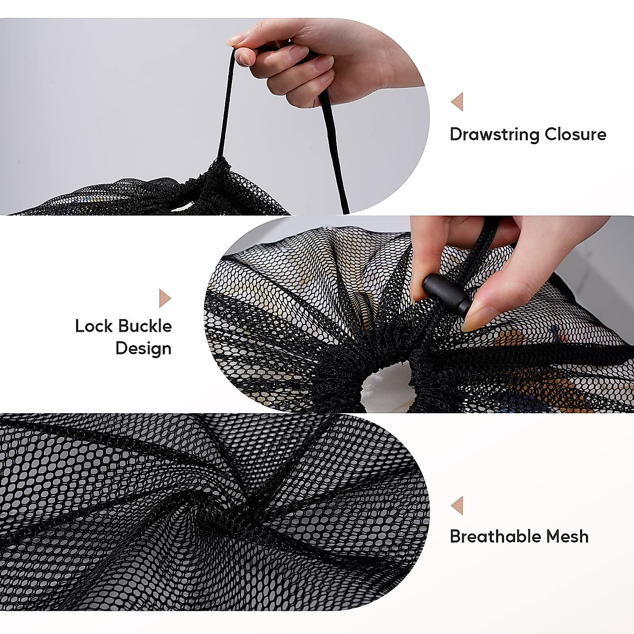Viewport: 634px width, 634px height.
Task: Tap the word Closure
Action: click(x=575, y=134)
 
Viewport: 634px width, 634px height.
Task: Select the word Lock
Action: click(x=94, y=326)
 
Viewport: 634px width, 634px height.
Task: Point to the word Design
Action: click(x=143, y=349)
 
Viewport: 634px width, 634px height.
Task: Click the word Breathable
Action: click(x=495, y=537)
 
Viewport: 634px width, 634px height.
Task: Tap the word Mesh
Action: click(x=567, y=537)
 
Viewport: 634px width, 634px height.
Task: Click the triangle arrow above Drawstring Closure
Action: click(x=457, y=102)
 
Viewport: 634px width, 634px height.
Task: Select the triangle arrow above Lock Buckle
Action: click(x=165, y=299)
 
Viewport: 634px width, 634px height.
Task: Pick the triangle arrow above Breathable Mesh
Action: click(x=457, y=506)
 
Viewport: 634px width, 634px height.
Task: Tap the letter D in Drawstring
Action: click(x=455, y=134)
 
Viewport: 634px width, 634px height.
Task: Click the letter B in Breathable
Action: click(x=455, y=537)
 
